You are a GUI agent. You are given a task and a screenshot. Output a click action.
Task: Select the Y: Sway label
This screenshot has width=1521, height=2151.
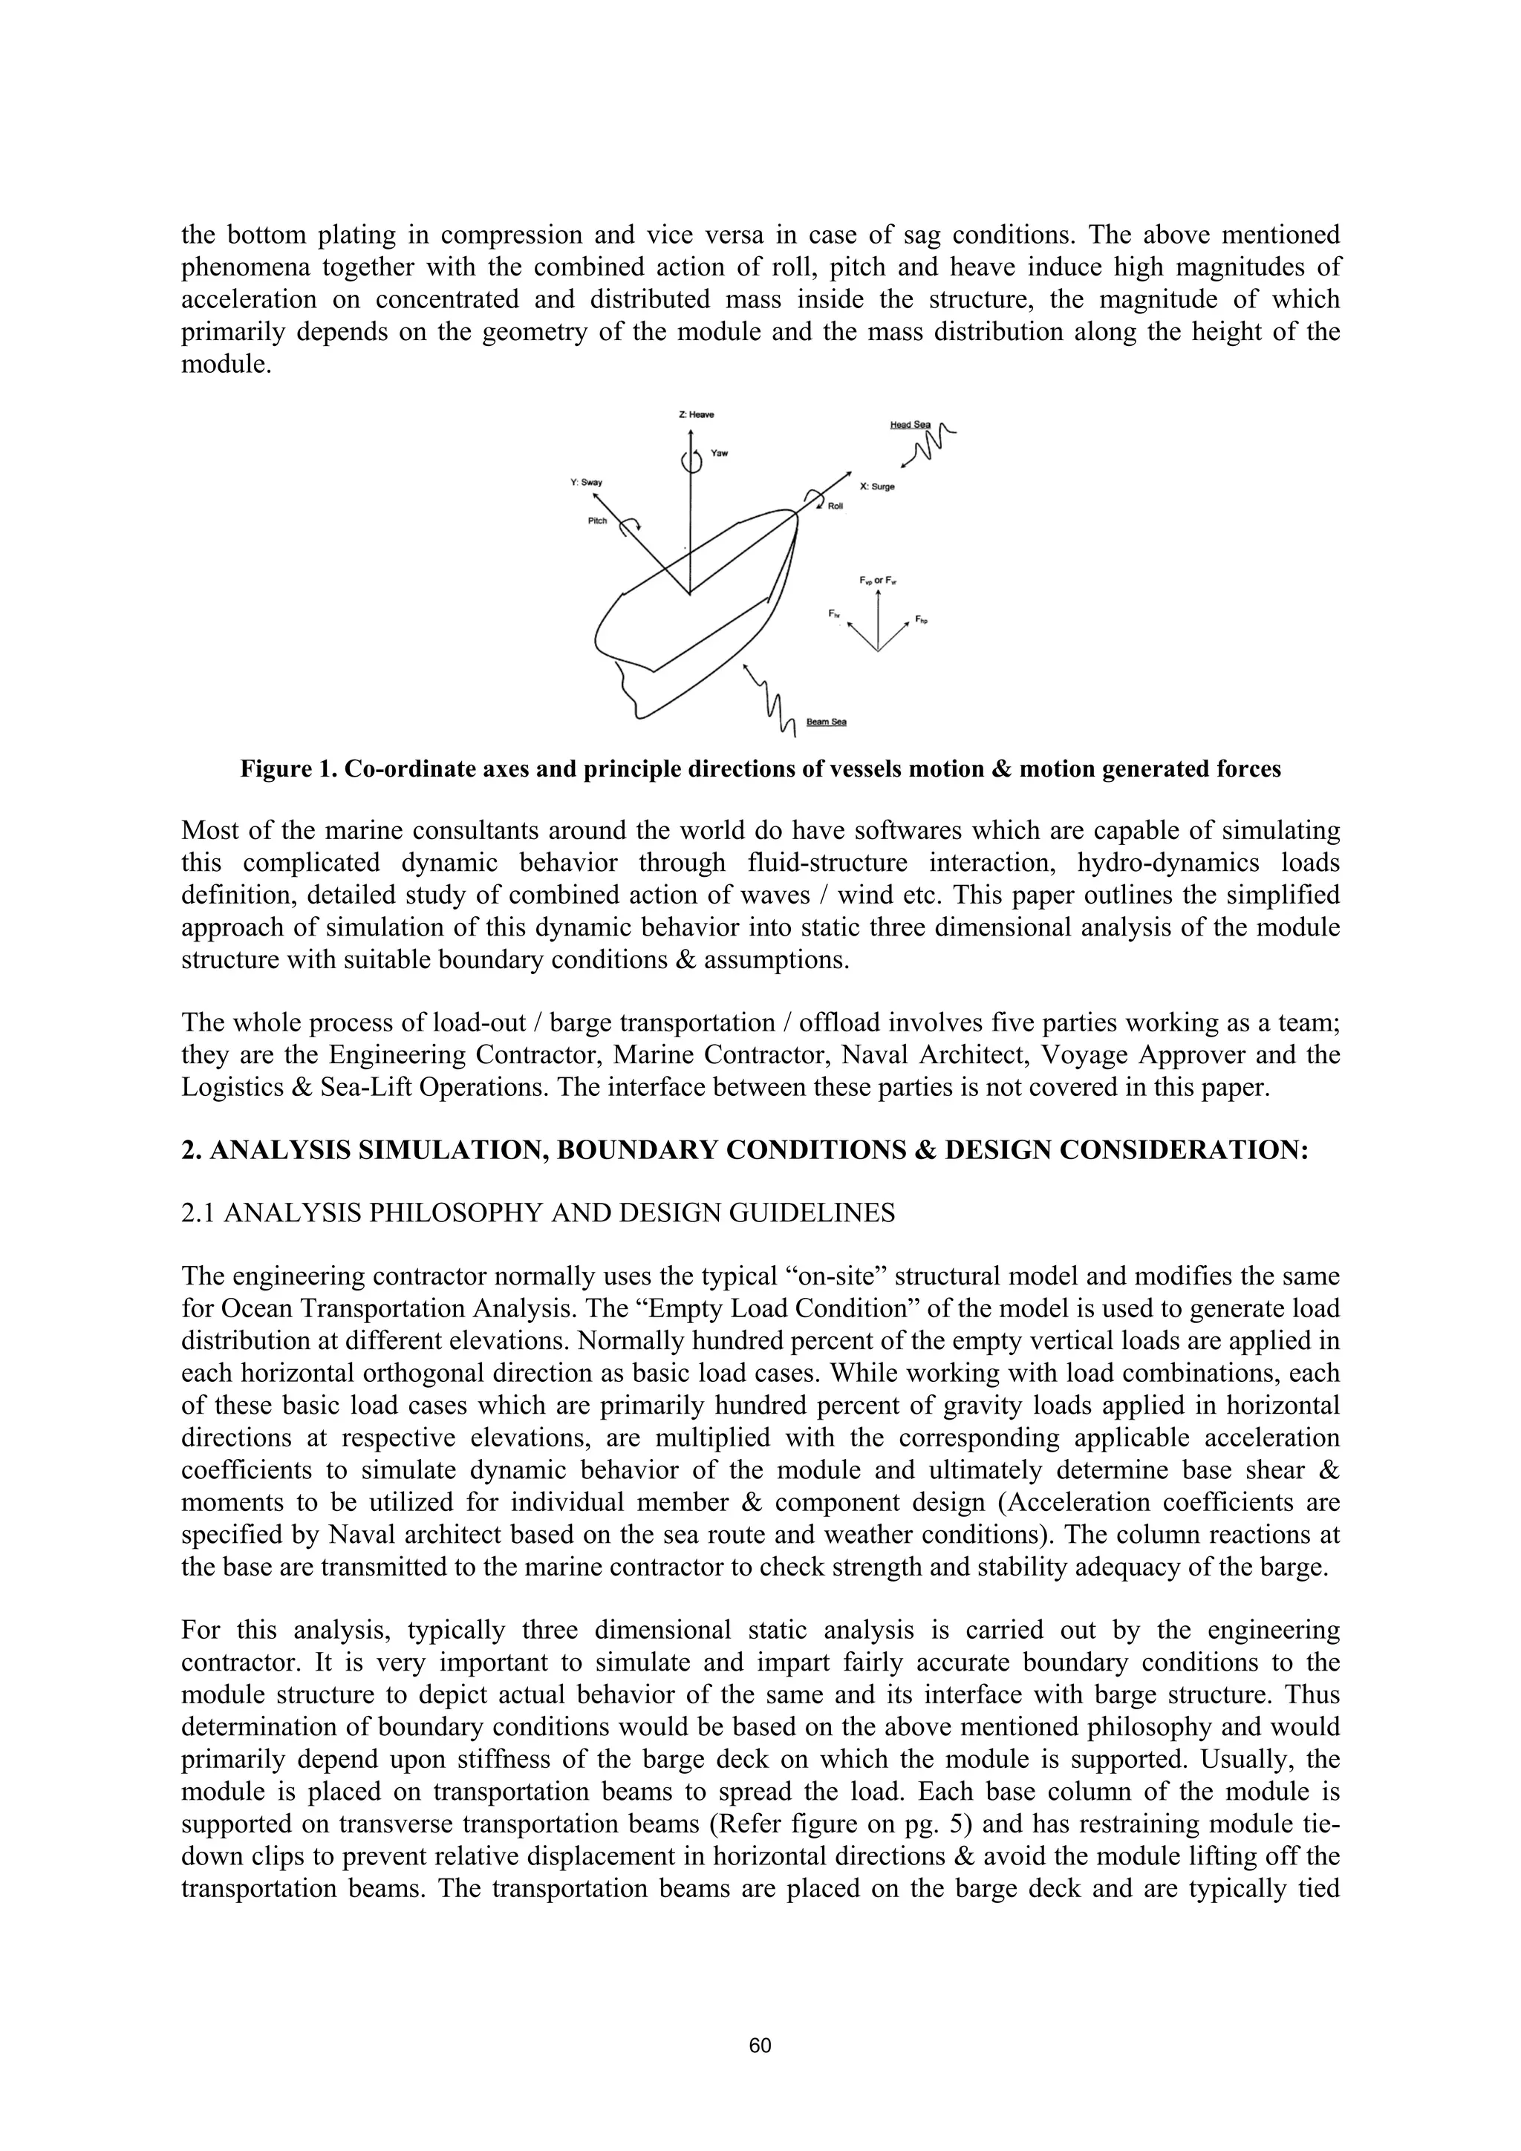587,483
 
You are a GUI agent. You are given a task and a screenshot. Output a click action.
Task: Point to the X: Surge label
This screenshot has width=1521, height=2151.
876,487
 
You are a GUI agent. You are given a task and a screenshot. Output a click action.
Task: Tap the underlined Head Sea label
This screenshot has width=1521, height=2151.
909,425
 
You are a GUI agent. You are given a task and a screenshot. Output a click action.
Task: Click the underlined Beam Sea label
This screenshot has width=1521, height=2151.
827,722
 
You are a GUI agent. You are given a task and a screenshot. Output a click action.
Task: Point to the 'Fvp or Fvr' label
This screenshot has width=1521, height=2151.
878,581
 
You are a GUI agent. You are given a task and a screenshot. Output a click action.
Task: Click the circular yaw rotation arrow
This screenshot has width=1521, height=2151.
691,461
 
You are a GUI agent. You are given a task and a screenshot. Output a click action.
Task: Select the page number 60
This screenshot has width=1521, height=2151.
760,2045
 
